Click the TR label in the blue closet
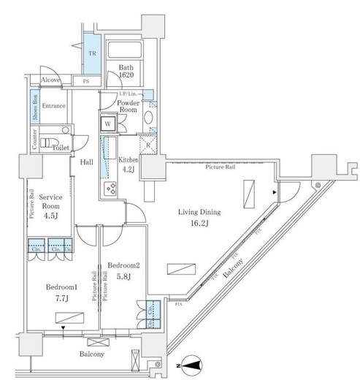92,53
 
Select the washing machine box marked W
107,124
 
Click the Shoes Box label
34,107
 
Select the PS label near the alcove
86,81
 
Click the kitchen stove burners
112,189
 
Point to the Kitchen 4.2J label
129,163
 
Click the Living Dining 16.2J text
200,217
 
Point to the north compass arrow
191,362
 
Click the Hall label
85,162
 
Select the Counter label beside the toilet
34,139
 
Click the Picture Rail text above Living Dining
221,167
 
